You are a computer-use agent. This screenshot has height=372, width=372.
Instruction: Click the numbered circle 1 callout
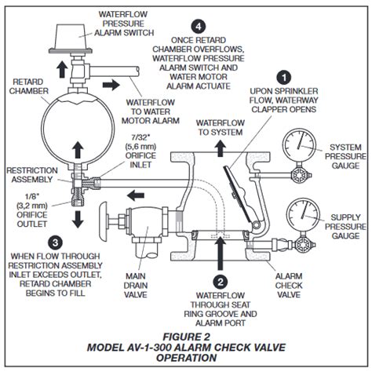[x=284, y=78]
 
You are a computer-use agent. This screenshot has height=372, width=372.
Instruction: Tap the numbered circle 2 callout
[x=221, y=282]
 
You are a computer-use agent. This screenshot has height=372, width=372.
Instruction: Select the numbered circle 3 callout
[x=56, y=243]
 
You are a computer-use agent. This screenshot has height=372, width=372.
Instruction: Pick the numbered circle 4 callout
[x=199, y=27]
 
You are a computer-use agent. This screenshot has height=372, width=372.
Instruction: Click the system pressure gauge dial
[x=299, y=145]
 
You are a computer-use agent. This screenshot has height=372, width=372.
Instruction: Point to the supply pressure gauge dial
[x=303, y=215]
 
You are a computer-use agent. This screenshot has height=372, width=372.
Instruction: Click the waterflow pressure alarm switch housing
[x=71, y=38]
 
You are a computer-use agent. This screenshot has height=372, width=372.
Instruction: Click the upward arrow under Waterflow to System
[x=221, y=148]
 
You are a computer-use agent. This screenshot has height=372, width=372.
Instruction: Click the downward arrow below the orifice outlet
[x=78, y=219]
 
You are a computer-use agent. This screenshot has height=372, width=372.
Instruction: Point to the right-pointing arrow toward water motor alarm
[x=111, y=85]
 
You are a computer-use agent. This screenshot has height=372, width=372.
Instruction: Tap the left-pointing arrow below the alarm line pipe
[x=136, y=195]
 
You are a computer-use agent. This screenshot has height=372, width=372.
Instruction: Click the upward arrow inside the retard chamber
[x=78, y=150]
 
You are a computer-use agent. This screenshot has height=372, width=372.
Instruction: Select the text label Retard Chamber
[x=29, y=86]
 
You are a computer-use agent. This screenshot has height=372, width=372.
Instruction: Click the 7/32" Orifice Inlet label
[x=140, y=151]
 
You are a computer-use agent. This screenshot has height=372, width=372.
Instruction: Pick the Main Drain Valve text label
[x=136, y=285]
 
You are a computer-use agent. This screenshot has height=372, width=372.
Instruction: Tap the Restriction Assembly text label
[x=32, y=175]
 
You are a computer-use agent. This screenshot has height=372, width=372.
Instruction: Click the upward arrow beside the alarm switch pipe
[x=62, y=69]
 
